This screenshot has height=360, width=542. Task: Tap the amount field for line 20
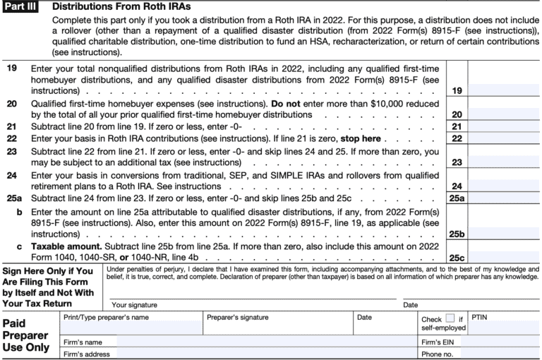[x=503, y=114]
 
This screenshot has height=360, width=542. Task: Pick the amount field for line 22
[x=503, y=138]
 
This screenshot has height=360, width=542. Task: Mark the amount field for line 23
[x=503, y=162]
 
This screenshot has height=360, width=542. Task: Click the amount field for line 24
[x=503, y=186]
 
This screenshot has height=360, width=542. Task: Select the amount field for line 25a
[x=503, y=198]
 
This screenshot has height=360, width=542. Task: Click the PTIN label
[x=479, y=318]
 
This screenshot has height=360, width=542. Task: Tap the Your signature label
[x=133, y=304]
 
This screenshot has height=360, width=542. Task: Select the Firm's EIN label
[x=437, y=341]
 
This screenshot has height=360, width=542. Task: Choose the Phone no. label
[x=438, y=354]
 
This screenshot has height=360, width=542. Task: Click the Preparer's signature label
[x=237, y=318]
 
